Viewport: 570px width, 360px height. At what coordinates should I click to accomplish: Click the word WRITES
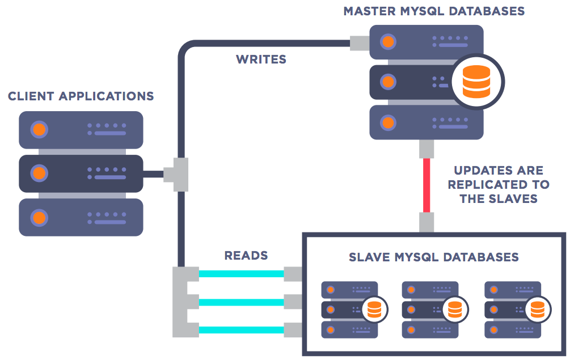(261, 59)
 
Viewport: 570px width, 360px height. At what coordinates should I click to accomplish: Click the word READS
(246, 256)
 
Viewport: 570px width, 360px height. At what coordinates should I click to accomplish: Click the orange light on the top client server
(39, 130)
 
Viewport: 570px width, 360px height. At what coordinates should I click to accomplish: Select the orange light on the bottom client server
(39, 217)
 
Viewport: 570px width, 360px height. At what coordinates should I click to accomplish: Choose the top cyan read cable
(241, 274)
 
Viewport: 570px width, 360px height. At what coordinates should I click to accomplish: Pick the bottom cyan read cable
(241, 329)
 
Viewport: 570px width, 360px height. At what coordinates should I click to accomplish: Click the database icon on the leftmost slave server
(373, 310)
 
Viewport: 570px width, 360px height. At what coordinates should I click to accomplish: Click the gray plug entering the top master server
(360, 43)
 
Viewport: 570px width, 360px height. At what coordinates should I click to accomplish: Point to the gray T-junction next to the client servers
(176, 173)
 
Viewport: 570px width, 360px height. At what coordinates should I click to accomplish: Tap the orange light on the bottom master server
(388, 122)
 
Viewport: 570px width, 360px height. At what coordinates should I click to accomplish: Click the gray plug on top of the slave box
(427, 222)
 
